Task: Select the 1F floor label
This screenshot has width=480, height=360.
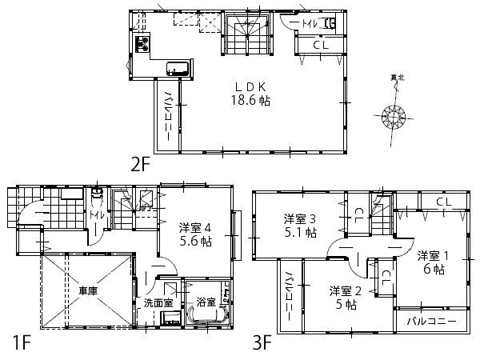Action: (x=22, y=344)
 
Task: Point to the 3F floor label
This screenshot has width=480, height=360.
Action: (x=262, y=344)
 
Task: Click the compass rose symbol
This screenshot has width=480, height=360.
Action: (x=396, y=117)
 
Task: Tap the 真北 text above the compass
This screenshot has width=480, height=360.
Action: (x=398, y=78)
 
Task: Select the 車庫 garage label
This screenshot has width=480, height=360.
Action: (x=88, y=290)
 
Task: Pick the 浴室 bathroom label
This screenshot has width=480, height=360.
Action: (x=206, y=302)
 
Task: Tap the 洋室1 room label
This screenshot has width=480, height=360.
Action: (x=434, y=255)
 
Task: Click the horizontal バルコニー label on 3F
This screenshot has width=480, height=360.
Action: (x=430, y=322)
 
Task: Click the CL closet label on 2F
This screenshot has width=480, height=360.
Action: (x=320, y=45)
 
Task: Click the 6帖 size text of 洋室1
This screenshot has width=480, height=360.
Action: (x=434, y=270)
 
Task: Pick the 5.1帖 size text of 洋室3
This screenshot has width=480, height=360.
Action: (x=301, y=234)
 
